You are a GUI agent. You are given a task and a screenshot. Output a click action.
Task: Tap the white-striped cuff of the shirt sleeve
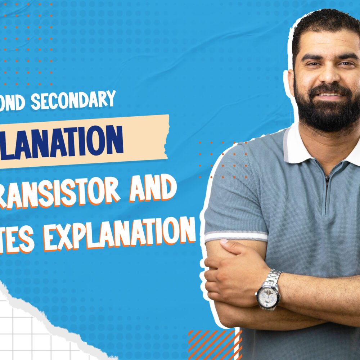coord(236,236)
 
